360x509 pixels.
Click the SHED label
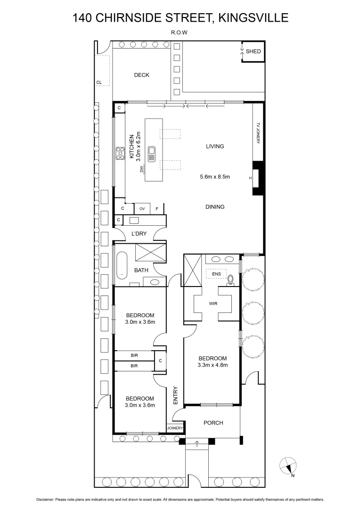coord(253,52)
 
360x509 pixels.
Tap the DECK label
coord(141,75)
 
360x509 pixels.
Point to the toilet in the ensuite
coord(230,280)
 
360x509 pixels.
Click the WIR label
coord(213,304)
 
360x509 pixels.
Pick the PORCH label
coord(213,423)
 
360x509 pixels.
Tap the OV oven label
coord(142,208)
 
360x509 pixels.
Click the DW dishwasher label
coord(141,170)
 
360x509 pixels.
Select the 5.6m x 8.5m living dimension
coord(214,177)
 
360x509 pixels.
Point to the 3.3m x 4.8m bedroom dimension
coord(213,365)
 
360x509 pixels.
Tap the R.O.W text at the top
coord(180,33)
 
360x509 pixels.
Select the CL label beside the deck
coord(98,82)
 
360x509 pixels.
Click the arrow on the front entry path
coord(197,443)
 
